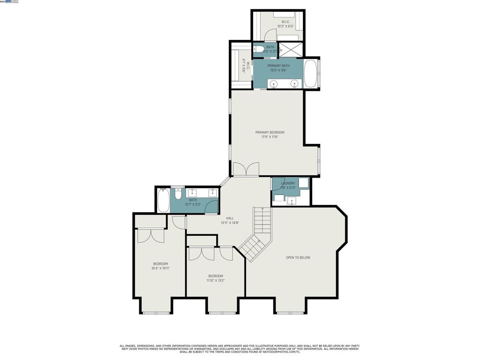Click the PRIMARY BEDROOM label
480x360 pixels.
pyautogui.click(x=270, y=133)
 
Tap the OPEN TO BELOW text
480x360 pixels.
pyautogui.click(x=298, y=257)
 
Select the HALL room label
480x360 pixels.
pyautogui.click(x=230, y=218)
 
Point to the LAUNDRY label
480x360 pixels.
pyautogui.click(x=288, y=183)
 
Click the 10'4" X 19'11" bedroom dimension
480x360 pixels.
pyautogui.click(x=160, y=269)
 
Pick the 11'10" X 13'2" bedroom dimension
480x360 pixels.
pyautogui.click(x=216, y=281)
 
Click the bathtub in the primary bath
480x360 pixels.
pyautogui.click(x=310, y=74)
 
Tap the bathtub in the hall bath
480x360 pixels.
pyautogui.click(x=163, y=200)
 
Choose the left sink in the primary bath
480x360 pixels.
pyautogui.click(x=274, y=84)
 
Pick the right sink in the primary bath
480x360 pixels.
pyautogui.click(x=294, y=84)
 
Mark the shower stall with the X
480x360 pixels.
pyautogui.click(x=291, y=49)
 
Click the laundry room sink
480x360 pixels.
pyautogui.click(x=292, y=201)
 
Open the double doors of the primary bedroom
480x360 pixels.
pyautogui.click(x=246, y=170)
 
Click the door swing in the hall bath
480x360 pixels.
pyautogui.click(x=212, y=206)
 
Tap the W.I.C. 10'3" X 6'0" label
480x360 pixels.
pyautogui.click(x=285, y=24)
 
